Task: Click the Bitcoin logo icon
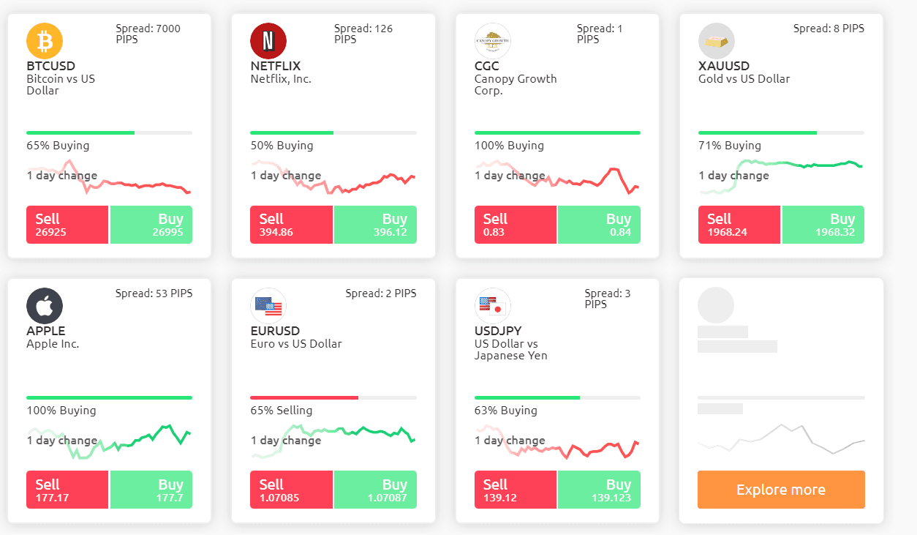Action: [45, 40]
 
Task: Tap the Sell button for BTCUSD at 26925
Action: [67, 225]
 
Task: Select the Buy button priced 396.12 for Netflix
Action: [375, 225]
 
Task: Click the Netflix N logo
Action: [268, 40]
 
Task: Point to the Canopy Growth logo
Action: [493, 40]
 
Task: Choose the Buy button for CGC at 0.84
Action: [599, 225]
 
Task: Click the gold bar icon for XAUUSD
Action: [717, 42]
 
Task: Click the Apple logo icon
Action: [45, 305]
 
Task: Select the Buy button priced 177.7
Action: [151, 490]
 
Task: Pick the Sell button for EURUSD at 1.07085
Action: [291, 490]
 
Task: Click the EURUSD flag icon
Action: [268, 306]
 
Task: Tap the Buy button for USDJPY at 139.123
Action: [599, 490]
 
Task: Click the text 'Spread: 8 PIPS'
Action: [829, 29]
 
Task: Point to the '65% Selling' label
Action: [282, 411]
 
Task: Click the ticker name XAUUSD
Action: [724, 67]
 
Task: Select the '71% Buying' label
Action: [730, 146]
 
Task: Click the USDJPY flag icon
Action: [492, 306]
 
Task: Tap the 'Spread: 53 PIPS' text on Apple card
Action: [154, 293]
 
